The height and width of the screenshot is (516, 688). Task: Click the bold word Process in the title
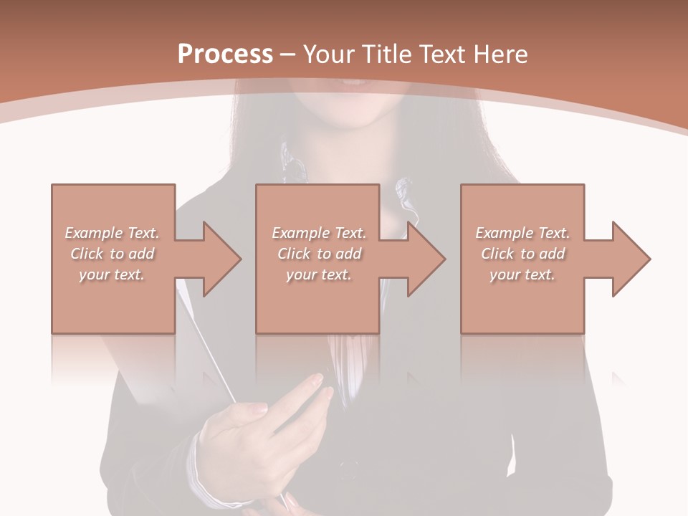coord(225,54)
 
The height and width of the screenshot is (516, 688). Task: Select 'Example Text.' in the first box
coord(112,233)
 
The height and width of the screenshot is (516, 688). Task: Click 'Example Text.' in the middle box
coord(319,233)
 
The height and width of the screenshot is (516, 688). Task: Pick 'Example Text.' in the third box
coord(522,233)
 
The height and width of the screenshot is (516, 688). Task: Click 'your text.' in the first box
coord(112,274)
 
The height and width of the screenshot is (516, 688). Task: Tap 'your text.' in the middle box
coord(319,274)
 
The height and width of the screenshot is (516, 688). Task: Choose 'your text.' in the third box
coord(522,274)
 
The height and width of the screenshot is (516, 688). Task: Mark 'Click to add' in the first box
coord(112,254)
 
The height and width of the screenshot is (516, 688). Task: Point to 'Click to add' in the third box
coord(522,254)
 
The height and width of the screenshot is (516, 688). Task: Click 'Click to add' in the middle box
coord(319,254)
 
